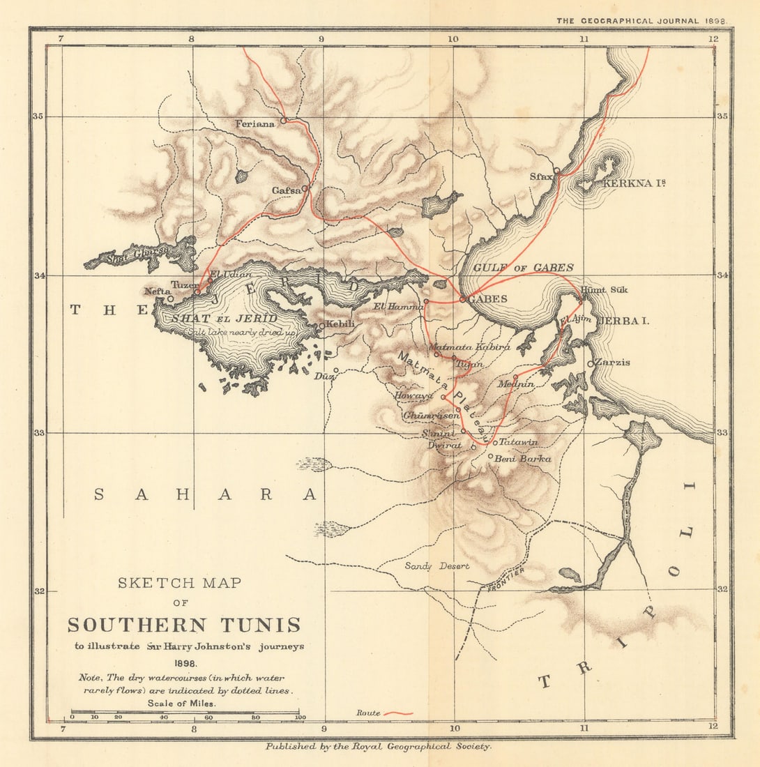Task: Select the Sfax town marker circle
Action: (556, 170)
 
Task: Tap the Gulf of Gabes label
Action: (523, 268)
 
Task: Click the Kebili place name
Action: (340, 324)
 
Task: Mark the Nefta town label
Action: (156, 291)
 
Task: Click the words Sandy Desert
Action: (437, 566)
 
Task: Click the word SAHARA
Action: (206, 494)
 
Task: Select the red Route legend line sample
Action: (398, 713)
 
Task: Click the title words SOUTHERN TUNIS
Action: (184, 624)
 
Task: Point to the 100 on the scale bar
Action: (301, 717)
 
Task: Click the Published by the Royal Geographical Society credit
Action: (379, 746)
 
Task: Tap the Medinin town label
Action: (516, 384)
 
